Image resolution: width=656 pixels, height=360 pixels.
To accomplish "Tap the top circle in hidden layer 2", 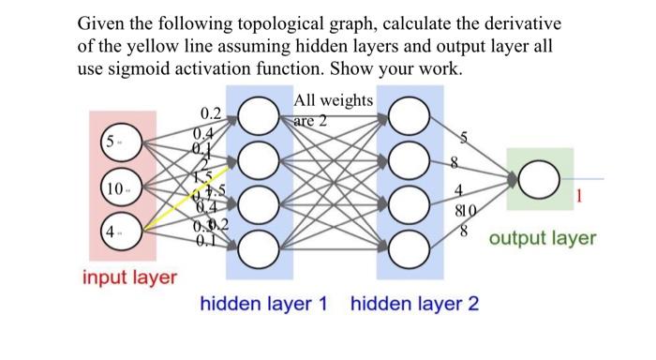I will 409,117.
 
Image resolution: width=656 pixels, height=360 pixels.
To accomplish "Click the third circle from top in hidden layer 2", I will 409,205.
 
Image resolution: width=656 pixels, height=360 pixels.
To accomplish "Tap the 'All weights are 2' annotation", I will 334,110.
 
